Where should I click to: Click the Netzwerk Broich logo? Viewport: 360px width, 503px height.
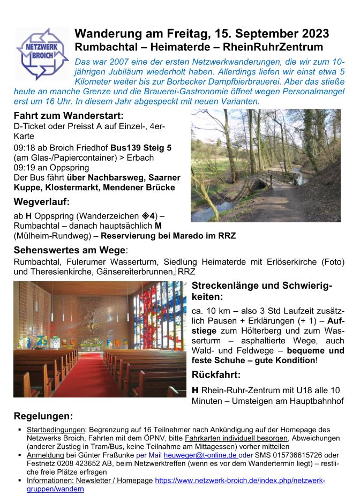(x=42, y=54)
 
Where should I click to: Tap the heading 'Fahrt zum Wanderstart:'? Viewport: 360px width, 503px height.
(x=69, y=116)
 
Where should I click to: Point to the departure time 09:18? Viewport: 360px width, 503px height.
(x=24, y=147)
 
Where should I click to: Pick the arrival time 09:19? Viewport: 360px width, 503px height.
(x=24, y=168)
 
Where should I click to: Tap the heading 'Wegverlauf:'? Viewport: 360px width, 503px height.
(x=42, y=202)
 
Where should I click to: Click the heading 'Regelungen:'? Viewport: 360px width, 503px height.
(x=43, y=416)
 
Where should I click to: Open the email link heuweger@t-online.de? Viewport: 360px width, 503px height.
(x=204, y=455)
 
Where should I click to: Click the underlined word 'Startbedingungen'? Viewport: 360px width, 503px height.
(x=56, y=430)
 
